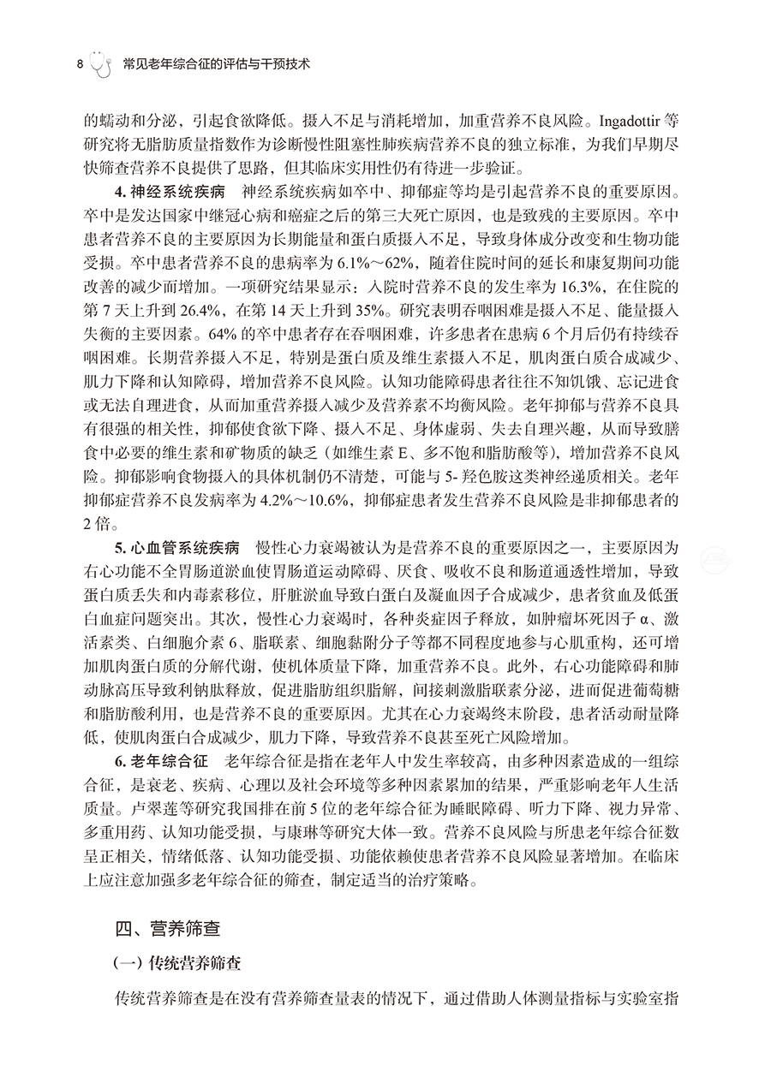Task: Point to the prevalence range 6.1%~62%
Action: tap(360, 261)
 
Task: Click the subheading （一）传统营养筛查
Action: tap(176, 965)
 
